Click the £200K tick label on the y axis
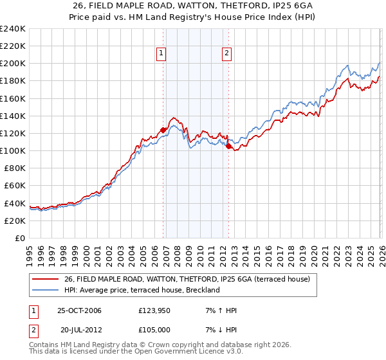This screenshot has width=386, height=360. (12, 64)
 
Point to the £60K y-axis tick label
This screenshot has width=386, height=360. (14, 185)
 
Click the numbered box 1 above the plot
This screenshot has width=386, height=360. (160, 54)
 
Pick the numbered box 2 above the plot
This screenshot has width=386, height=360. (227, 54)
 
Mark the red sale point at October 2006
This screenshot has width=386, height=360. (163, 129)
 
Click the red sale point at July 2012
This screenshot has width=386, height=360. (229, 146)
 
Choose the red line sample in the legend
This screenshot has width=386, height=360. (46, 279)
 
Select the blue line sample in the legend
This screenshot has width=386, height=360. (46, 290)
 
